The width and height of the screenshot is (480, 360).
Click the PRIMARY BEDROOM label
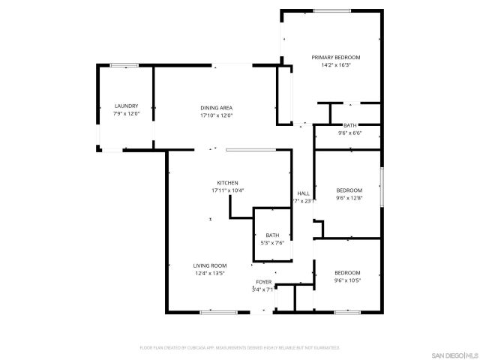click(x=336, y=58)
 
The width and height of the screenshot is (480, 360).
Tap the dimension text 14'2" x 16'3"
click(x=336, y=65)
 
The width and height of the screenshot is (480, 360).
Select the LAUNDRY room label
click(x=126, y=106)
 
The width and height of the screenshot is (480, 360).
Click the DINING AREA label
click(x=216, y=108)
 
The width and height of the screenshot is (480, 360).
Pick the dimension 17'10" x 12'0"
click(x=216, y=115)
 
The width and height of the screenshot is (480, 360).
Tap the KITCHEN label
click(x=227, y=183)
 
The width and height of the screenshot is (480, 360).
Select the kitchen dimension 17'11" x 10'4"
click(x=227, y=190)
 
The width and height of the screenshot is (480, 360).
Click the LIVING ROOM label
click(x=210, y=265)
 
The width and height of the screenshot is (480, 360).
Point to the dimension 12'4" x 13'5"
click(x=210, y=273)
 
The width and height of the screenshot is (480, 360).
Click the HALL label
click(x=303, y=193)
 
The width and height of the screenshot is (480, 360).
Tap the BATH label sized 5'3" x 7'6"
click(x=272, y=235)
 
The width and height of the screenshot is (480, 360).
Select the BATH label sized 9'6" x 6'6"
click(x=349, y=125)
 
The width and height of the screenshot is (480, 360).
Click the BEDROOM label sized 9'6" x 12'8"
click(x=349, y=190)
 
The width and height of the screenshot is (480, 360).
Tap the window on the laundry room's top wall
click(x=123, y=65)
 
